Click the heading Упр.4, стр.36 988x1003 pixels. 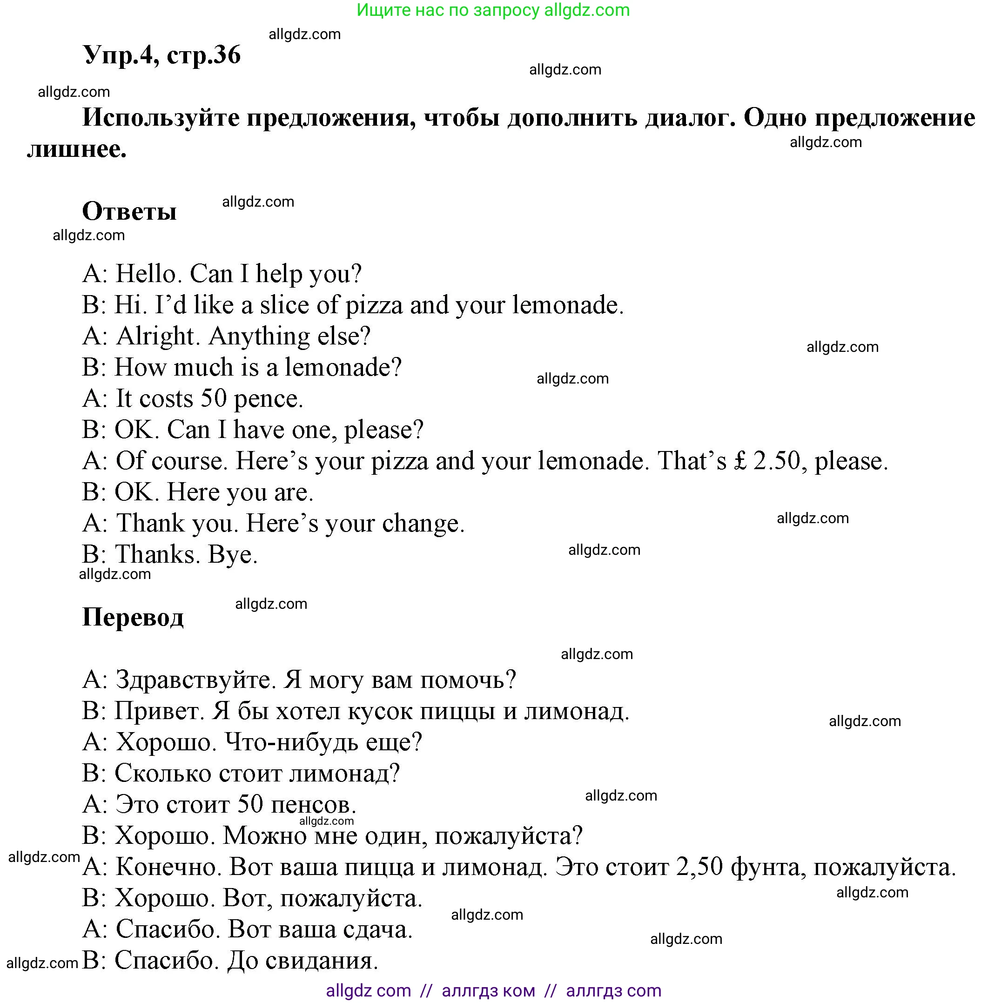pyautogui.click(x=161, y=55)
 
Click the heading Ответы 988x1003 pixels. pyautogui.click(x=129, y=211)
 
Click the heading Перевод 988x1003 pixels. pyautogui.click(x=133, y=617)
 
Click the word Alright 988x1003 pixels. pyautogui.click(x=158, y=336)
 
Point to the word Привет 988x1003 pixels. pyautogui.click(x=159, y=711)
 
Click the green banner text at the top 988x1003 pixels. pyautogui.click(x=493, y=10)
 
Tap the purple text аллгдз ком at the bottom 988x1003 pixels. pyautogui.click(x=488, y=990)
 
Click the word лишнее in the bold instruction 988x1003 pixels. pyautogui.click(x=76, y=149)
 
